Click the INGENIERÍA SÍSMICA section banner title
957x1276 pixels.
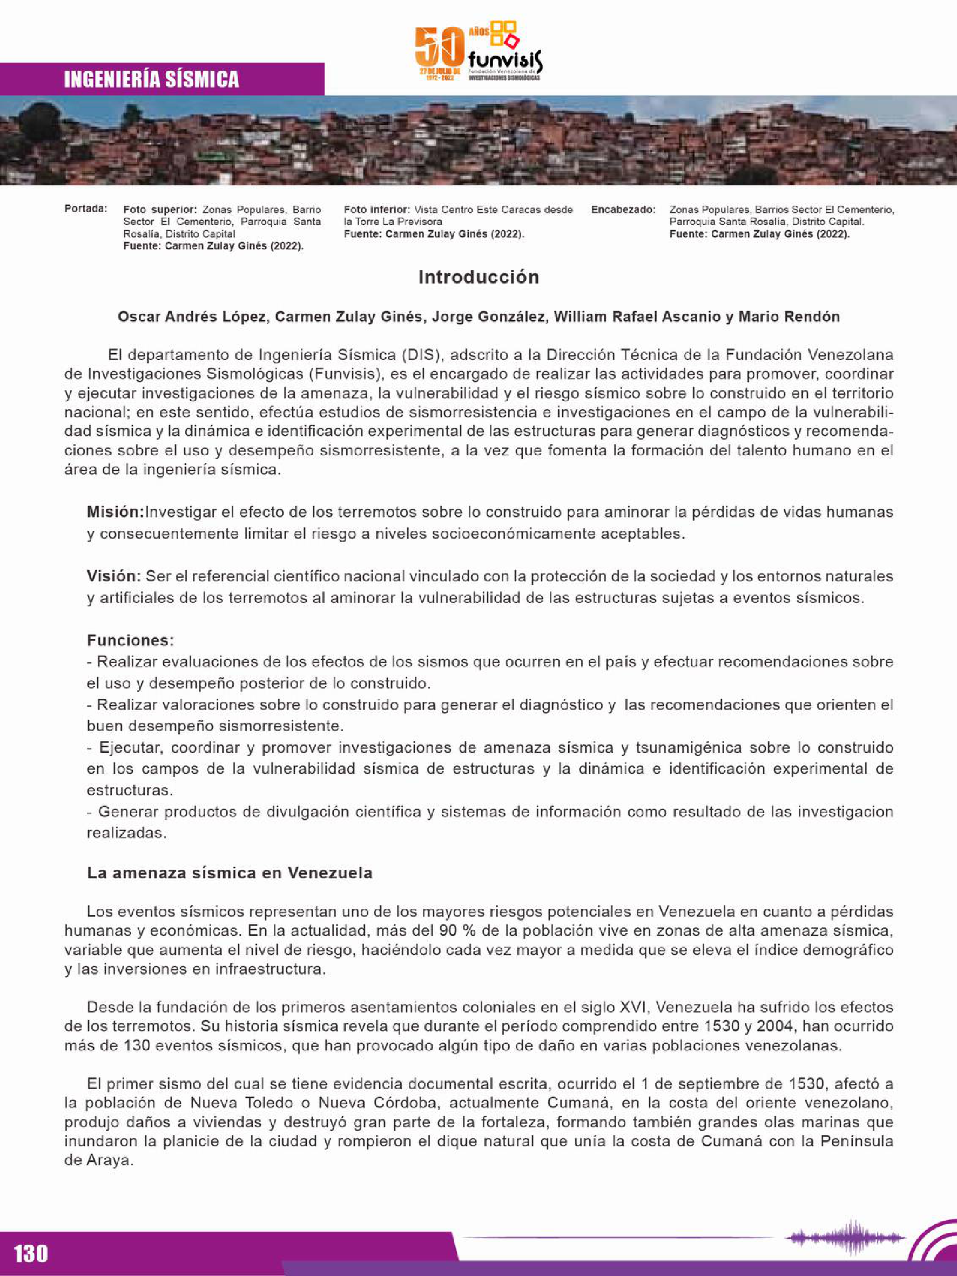151,79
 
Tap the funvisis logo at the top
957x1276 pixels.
479,52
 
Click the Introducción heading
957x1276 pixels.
478,278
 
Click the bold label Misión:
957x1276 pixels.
116,512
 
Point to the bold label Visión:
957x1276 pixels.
113,576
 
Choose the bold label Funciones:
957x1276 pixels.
130,640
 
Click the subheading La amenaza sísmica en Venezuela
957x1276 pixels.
230,873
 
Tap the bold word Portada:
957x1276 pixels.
85,208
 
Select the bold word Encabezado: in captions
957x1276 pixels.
623,210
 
